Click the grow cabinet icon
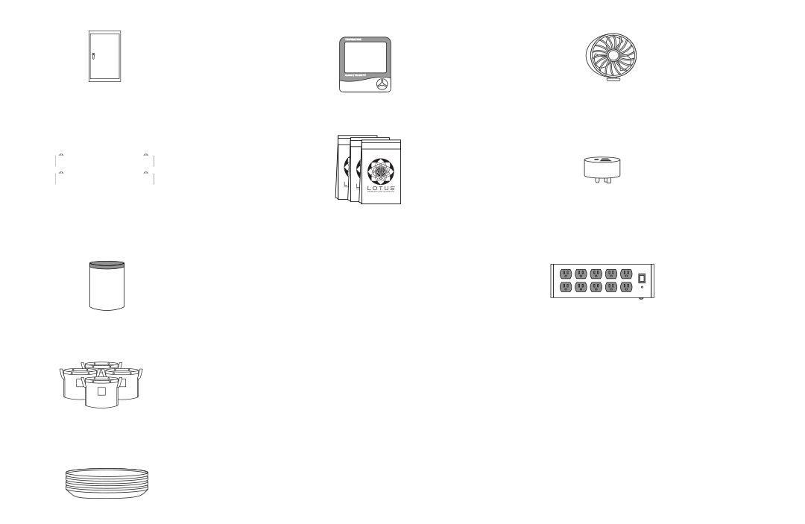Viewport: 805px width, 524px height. (x=104, y=56)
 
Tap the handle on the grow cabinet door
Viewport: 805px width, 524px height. (x=93, y=56)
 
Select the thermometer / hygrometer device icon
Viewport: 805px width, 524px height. (x=365, y=64)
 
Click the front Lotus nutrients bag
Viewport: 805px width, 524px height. (x=381, y=172)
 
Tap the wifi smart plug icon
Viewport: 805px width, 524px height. (x=603, y=169)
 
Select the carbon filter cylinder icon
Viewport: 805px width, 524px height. (x=107, y=285)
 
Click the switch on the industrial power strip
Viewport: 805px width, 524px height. (x=641, y=279)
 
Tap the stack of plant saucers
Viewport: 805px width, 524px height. (x=107, y=483)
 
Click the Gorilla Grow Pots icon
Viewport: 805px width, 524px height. (x=101, y=383)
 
